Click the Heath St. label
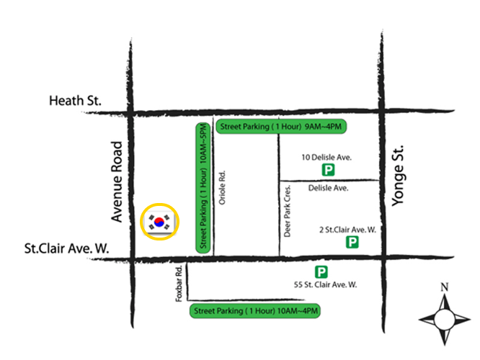(x=76, y=101)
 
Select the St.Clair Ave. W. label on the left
(x=66, y=248)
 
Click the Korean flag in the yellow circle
(x=160, y=222)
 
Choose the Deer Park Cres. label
(x=287, y=209)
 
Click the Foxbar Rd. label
(x=179, y=284)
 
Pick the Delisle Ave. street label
(x=328, y=189)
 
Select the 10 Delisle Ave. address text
(x=328, y=156)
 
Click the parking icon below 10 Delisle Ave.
(x=328, y=171)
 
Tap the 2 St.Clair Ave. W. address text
(x=348, y=230)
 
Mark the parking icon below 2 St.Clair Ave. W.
(x=352, y=243)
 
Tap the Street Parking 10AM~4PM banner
(x=254, y=311)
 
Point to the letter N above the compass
(x=445, y=287)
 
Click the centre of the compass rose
(x=445, y=317)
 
